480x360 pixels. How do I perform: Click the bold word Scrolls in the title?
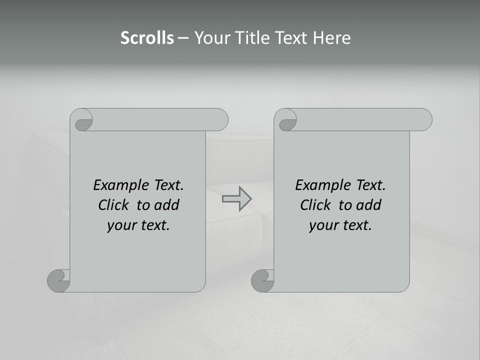coord(147,38)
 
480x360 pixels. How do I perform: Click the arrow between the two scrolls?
coord(237,198)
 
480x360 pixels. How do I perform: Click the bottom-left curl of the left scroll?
coord(58,280)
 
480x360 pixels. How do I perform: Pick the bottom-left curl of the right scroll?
coord(262,280)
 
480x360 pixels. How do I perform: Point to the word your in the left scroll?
coord(121,225)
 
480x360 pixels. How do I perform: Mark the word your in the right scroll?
coord(323,225)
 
